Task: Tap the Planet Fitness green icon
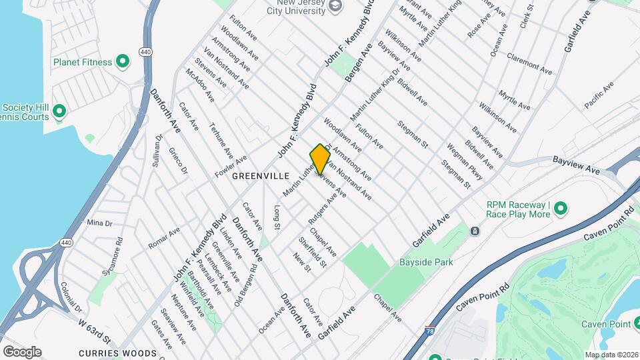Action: tap(122, 62)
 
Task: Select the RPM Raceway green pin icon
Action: tap(560, 209)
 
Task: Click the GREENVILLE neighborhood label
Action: tap(261, 175)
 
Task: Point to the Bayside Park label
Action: tap(426, 262)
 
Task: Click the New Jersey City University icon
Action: tap(336, 6)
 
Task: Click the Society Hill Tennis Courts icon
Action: tap(59, 111)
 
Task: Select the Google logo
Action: tap(22, 351)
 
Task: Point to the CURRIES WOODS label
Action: tap(117, 353)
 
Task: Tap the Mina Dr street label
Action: tap(99, 223)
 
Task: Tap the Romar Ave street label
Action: tap(164, 238)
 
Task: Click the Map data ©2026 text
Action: tap(610, 355)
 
